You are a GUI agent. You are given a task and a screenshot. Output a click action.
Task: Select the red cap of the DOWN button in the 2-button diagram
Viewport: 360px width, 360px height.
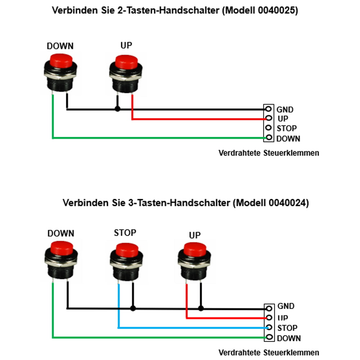click(x=61, y=61)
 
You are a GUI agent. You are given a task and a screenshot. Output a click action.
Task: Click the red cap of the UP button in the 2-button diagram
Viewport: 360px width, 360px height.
click(x=126, y=62)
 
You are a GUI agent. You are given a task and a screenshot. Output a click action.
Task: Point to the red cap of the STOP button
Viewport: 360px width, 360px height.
click(x=127, y=250)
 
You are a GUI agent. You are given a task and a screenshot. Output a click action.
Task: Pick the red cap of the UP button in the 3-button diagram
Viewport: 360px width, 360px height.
click(x=195, y=249)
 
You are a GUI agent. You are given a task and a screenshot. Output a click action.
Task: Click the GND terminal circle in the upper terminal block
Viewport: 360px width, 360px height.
click(x=269, y=109)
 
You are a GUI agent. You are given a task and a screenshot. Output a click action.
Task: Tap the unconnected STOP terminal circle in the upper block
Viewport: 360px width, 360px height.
click(x=269, y=127)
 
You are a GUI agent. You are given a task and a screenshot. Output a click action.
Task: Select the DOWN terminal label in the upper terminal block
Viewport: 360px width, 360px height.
click(x=288, y=139)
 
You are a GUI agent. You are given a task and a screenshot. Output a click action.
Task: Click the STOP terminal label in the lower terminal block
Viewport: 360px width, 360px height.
click(x=287, y=328)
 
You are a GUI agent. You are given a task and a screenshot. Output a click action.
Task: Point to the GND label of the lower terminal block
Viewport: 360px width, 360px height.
click(x=286, y=306)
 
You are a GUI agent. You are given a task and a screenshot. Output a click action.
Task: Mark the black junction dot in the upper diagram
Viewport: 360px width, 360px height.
click(x=118, y=109)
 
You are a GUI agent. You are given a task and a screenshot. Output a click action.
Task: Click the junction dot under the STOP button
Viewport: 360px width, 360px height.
click(x=133, y=309)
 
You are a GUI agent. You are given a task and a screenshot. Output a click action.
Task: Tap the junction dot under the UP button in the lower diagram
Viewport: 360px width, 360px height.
click(x=201, y=309)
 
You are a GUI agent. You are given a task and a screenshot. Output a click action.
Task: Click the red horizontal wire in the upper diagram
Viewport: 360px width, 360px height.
click(x=199, y=119)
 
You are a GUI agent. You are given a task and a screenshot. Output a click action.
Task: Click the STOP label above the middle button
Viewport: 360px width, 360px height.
click(x=125, y=233)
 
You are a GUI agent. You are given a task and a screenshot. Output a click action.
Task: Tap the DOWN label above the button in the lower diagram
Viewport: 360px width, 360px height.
click(x=61, y=233)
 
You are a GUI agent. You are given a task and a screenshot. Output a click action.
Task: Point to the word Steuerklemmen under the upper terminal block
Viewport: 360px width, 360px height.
click(x=291, y=153)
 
